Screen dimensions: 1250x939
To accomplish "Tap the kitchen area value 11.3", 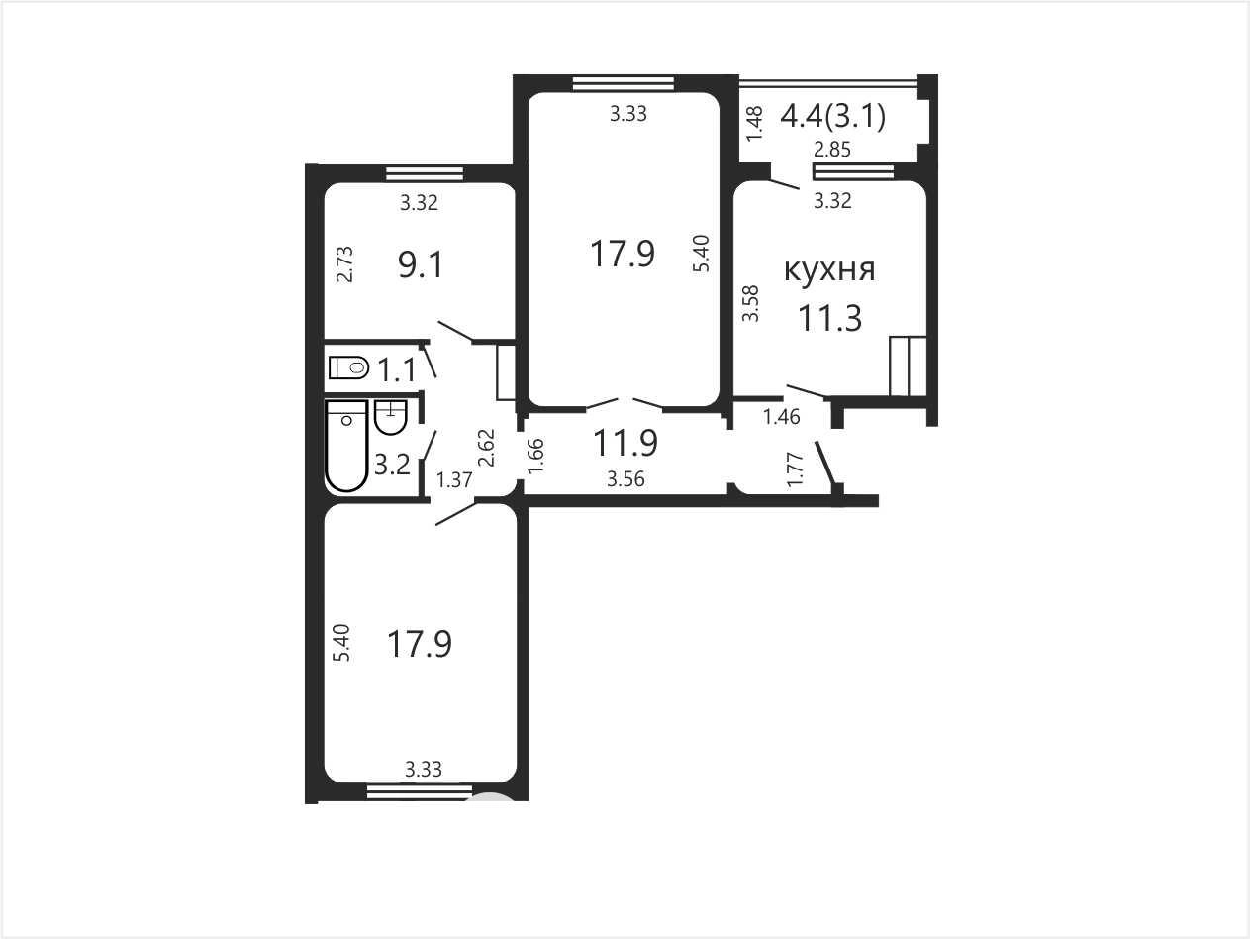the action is pos(829,318).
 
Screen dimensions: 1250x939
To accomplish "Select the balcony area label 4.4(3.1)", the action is pos(833,117).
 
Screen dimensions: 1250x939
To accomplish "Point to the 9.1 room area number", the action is pos(421,264).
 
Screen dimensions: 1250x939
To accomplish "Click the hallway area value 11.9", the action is pos(625,443).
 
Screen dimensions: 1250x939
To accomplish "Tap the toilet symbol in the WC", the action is pos(348,367).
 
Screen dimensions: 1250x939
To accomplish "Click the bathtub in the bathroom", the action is pos(346,446).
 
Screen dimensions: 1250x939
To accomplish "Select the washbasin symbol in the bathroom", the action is pos(391,417).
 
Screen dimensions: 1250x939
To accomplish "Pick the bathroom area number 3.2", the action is pos(392,465).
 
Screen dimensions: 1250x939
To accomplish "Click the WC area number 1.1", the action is pos(397,370).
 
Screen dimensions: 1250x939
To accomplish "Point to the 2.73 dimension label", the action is pos(345,263).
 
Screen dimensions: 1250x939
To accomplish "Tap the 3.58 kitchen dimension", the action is pos(751,304).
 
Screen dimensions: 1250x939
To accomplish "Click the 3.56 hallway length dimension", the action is pos(625,479).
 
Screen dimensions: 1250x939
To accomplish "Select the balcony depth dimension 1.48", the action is pos(753,124).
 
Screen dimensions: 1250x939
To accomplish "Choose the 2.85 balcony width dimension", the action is pos(832,150).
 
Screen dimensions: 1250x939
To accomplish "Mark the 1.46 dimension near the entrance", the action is pos(782,417).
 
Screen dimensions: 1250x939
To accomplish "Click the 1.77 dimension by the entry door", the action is pos(795,469).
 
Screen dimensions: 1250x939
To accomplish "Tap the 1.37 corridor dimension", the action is pos(454,480).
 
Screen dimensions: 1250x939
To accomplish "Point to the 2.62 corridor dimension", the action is pos(487,448).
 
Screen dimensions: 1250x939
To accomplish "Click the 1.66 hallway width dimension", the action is pos(535,456).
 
